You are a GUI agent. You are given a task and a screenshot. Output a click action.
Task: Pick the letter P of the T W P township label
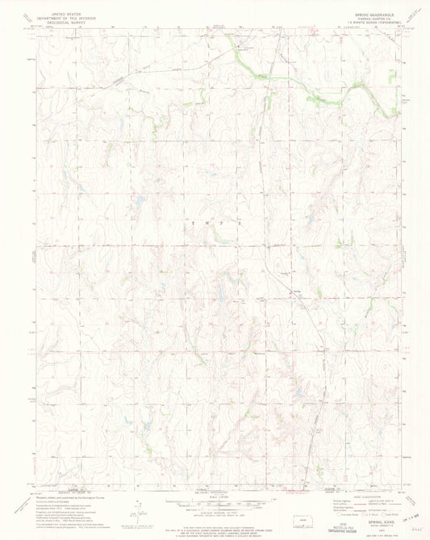click(230, 223)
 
